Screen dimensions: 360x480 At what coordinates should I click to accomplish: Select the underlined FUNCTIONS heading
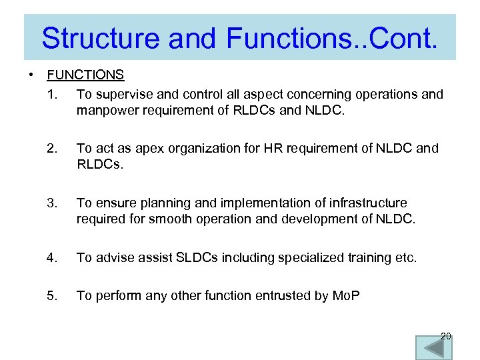[85, 75]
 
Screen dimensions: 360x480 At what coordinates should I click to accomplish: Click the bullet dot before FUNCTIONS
[31, 75]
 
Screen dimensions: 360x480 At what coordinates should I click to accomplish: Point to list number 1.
[53, 94]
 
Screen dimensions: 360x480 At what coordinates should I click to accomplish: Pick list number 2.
[53, 148]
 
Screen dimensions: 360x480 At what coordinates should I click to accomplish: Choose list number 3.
[53, 203]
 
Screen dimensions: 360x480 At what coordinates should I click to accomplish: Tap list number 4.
[53, 257]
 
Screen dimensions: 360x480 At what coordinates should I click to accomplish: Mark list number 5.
[53, 295]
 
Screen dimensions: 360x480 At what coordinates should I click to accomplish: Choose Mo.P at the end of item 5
[346, 295]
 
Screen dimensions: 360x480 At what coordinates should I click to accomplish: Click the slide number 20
[445, 336]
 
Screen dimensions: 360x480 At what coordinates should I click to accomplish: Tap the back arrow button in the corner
[433, 348]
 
